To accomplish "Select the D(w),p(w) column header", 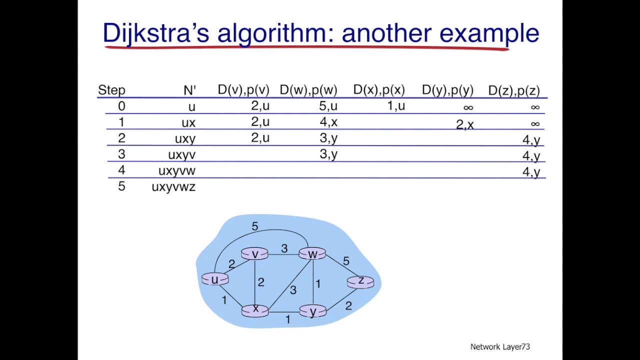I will pos(308,90).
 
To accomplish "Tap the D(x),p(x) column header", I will pos(378,90).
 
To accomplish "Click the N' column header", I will pos(189,90).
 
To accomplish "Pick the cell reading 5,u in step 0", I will pos(328,106).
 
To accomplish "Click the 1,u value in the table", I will pos(395,106).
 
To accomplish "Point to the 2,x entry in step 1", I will pos(464,124).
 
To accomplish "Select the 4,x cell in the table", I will pos(328,122).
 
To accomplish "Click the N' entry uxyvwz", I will pos(173,187).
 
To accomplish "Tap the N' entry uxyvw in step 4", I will pos(176,171).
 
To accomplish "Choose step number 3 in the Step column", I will pos(121,154).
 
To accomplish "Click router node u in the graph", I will pos(215,279).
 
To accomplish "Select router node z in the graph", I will pos(360,282).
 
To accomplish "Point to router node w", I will pos(312,254).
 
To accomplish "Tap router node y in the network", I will pos(313,311).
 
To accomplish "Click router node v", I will pos(254,254).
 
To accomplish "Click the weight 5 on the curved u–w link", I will pos(254,226).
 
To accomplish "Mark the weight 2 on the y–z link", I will pos(348,305).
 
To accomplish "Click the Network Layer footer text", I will pos(499,346).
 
